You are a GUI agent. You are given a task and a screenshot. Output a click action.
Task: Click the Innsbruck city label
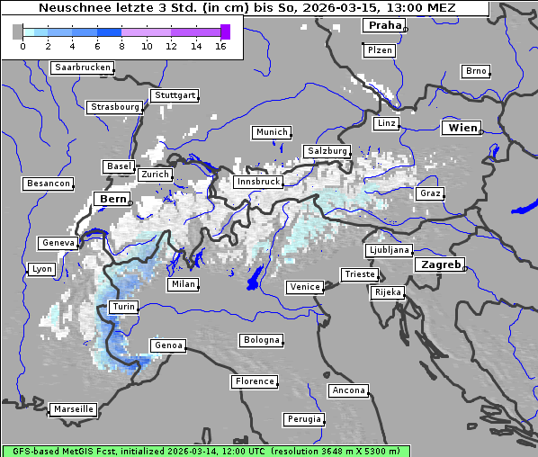257,182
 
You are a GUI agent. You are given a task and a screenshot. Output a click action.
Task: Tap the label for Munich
272,132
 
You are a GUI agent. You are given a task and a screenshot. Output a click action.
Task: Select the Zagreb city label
440,264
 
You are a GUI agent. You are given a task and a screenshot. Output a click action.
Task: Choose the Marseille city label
74,408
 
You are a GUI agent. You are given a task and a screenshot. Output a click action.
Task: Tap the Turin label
123,307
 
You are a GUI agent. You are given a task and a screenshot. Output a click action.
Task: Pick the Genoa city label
168,345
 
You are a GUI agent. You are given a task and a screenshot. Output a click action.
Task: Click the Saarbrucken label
83,67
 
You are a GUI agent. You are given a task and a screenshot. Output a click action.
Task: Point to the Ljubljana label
389,250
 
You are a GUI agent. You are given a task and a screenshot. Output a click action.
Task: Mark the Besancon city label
49,184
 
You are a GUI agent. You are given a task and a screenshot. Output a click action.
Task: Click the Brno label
476,71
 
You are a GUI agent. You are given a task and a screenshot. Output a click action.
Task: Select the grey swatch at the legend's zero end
17,31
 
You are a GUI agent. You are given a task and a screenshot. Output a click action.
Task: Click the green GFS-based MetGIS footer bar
206,451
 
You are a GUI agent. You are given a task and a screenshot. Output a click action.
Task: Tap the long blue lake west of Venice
256,278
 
